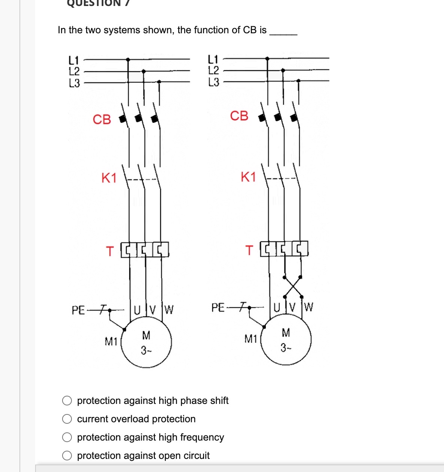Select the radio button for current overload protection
[x=67, y=419]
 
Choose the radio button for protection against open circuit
[x=67, y=456]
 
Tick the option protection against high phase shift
[x=67, y=401]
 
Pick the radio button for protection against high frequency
[x=67, y=437]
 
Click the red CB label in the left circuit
[x=102, y=120]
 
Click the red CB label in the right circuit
[x=239, y=116]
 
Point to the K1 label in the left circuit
[x=109, y=178]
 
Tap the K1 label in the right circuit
[x=248, y=177]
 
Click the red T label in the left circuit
[x=110, y=251]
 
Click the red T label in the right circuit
[x=249, y=250]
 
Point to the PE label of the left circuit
[x=78, y=310]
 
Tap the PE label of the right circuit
[x=218, y=308]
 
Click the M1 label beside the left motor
[x=111, y=341]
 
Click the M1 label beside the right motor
[x=251, y=339]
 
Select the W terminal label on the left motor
[x=169, y=310]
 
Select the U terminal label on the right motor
[x=277, y=308]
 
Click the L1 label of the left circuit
[x=74, y=59]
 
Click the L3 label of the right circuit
[x=213, y=82]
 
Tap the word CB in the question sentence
[x=250, y=30]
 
